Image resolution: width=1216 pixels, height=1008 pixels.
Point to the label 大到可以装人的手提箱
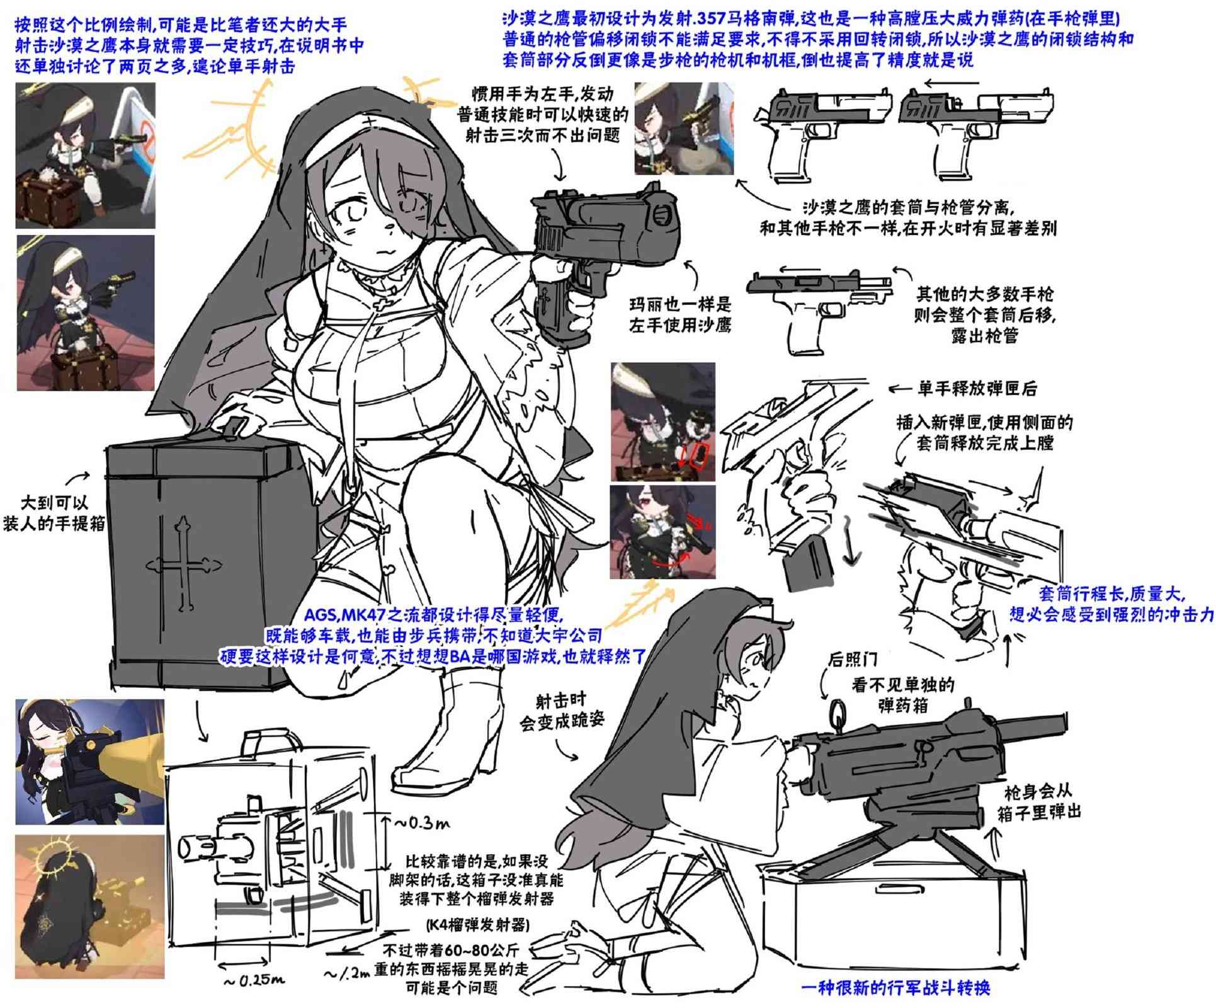[54, 512]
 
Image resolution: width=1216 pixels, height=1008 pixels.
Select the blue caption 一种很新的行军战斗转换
[895, 987]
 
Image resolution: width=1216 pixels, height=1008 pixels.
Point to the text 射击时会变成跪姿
[561, 711]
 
